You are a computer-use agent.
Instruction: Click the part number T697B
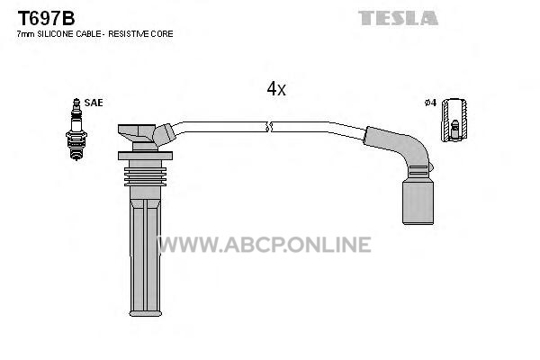46,18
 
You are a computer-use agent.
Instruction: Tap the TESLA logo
398,18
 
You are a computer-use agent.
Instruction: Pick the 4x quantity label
276,89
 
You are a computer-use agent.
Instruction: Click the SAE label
94,103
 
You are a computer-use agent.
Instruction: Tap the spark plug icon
76,130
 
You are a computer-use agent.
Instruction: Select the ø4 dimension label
430,103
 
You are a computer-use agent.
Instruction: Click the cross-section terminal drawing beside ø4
454,120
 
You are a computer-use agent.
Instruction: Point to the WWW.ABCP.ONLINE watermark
264,244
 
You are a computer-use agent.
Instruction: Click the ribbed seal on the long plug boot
145,176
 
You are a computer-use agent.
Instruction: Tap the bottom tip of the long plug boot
145,313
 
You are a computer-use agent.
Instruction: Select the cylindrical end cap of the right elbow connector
418,203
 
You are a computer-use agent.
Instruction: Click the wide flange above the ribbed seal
145,156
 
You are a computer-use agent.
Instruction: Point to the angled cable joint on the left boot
165,134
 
